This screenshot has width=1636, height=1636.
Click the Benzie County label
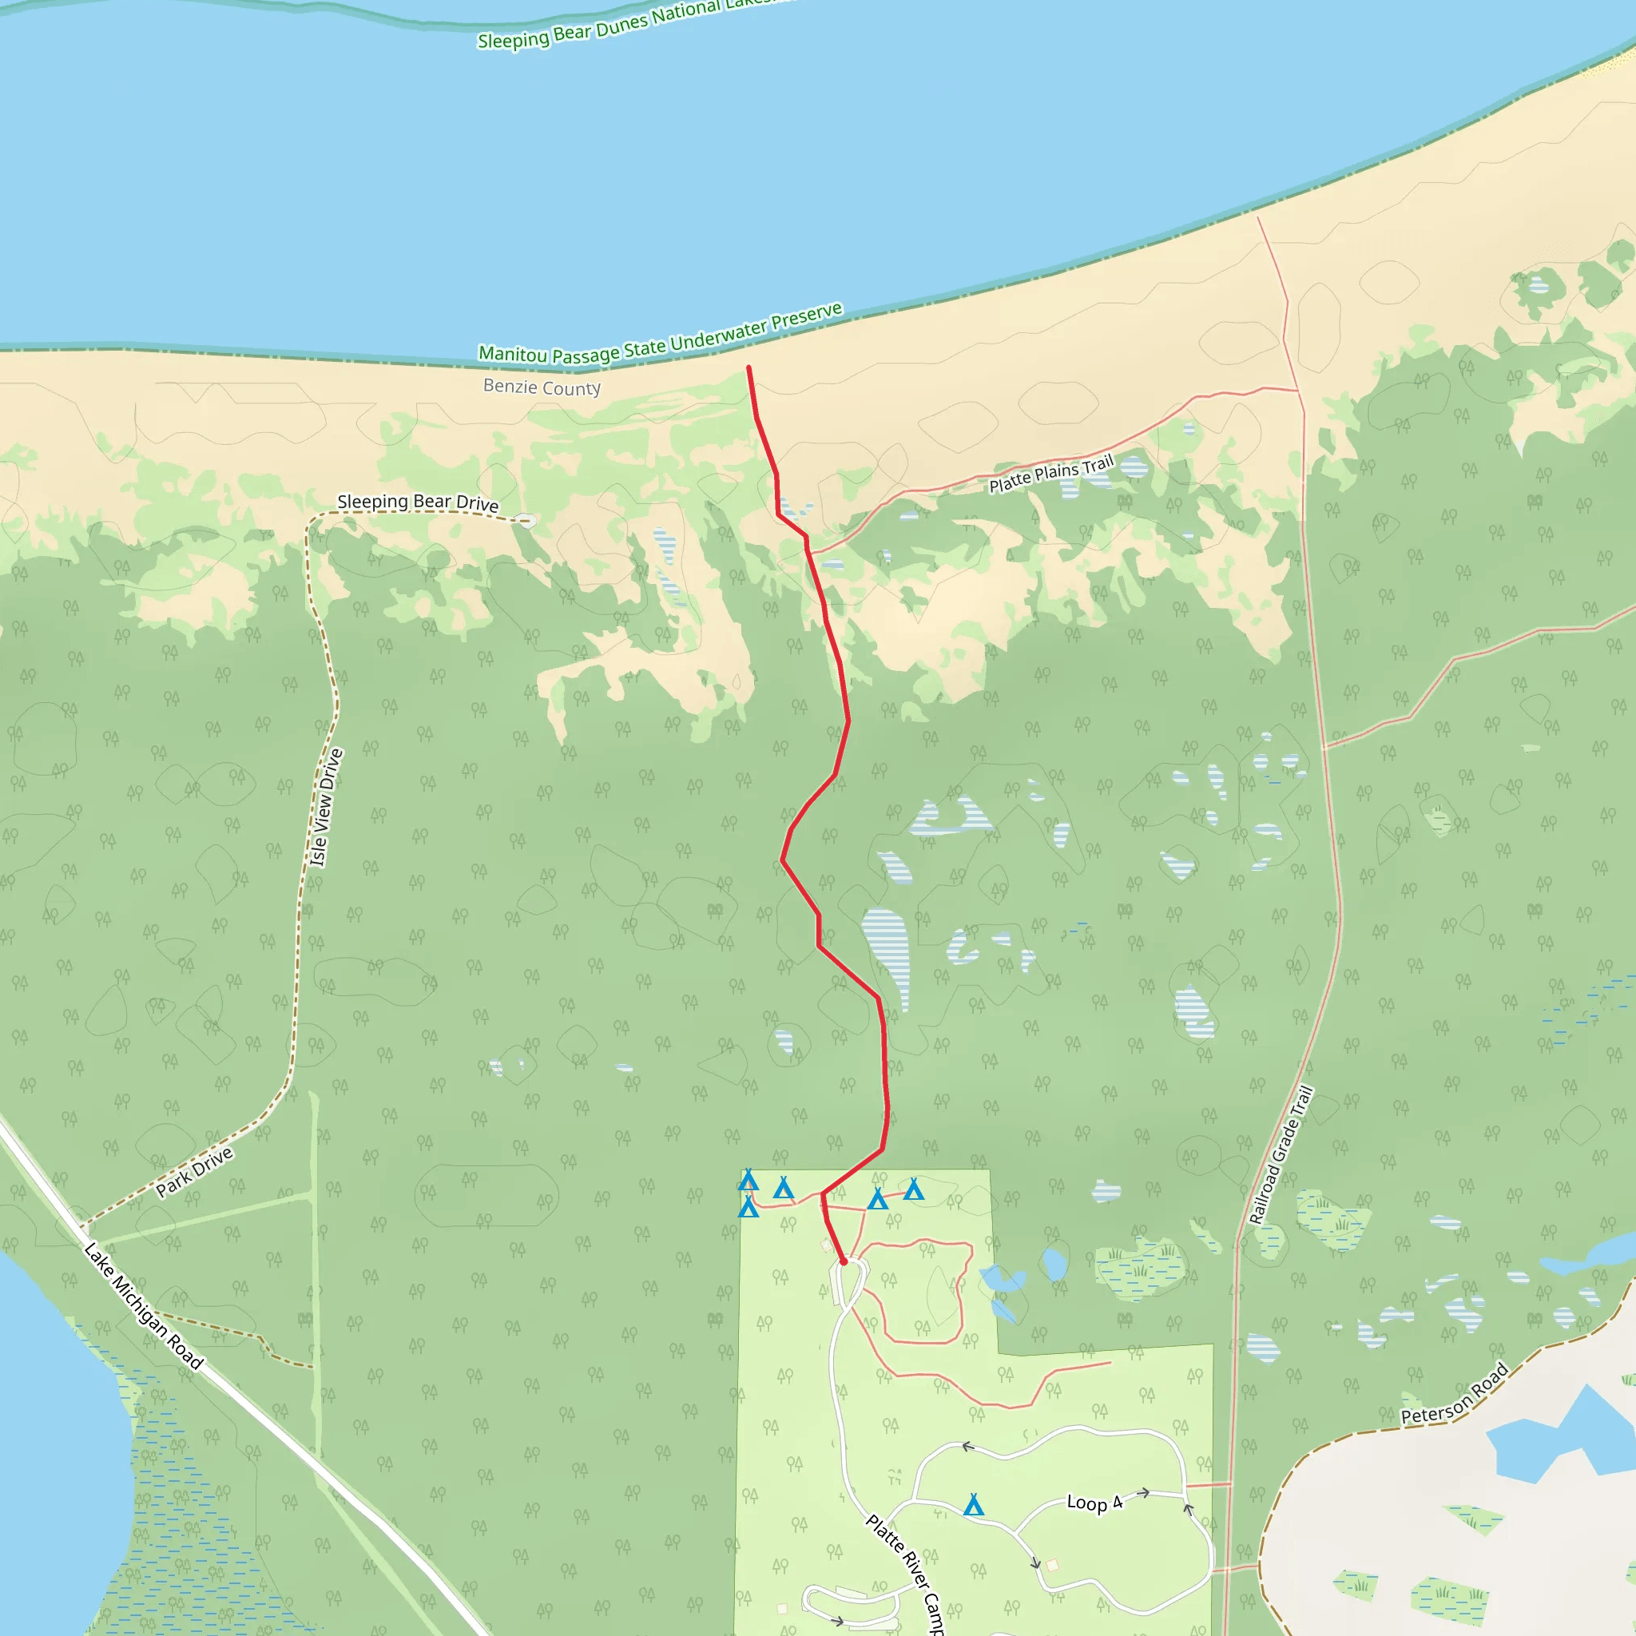[542, 387]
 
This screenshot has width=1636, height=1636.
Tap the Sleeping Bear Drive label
[418, 502]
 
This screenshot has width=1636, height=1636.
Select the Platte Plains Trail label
[1051, 474]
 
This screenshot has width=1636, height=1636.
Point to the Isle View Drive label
[326, 807]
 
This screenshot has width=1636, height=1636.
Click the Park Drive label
[194, 1172]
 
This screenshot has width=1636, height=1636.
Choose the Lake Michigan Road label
[143, 1306]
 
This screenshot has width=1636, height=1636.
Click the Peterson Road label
[1454, 1394]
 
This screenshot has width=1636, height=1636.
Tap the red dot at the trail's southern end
[844, 1261]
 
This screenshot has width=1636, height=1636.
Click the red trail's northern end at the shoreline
[749, 367]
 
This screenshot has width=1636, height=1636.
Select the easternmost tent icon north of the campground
[913, 1189]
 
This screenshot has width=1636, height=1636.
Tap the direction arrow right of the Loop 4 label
[1142, 1492]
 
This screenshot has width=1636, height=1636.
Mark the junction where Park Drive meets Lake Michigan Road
[83, 1227]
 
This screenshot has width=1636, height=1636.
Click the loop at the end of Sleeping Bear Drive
[526, 520]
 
